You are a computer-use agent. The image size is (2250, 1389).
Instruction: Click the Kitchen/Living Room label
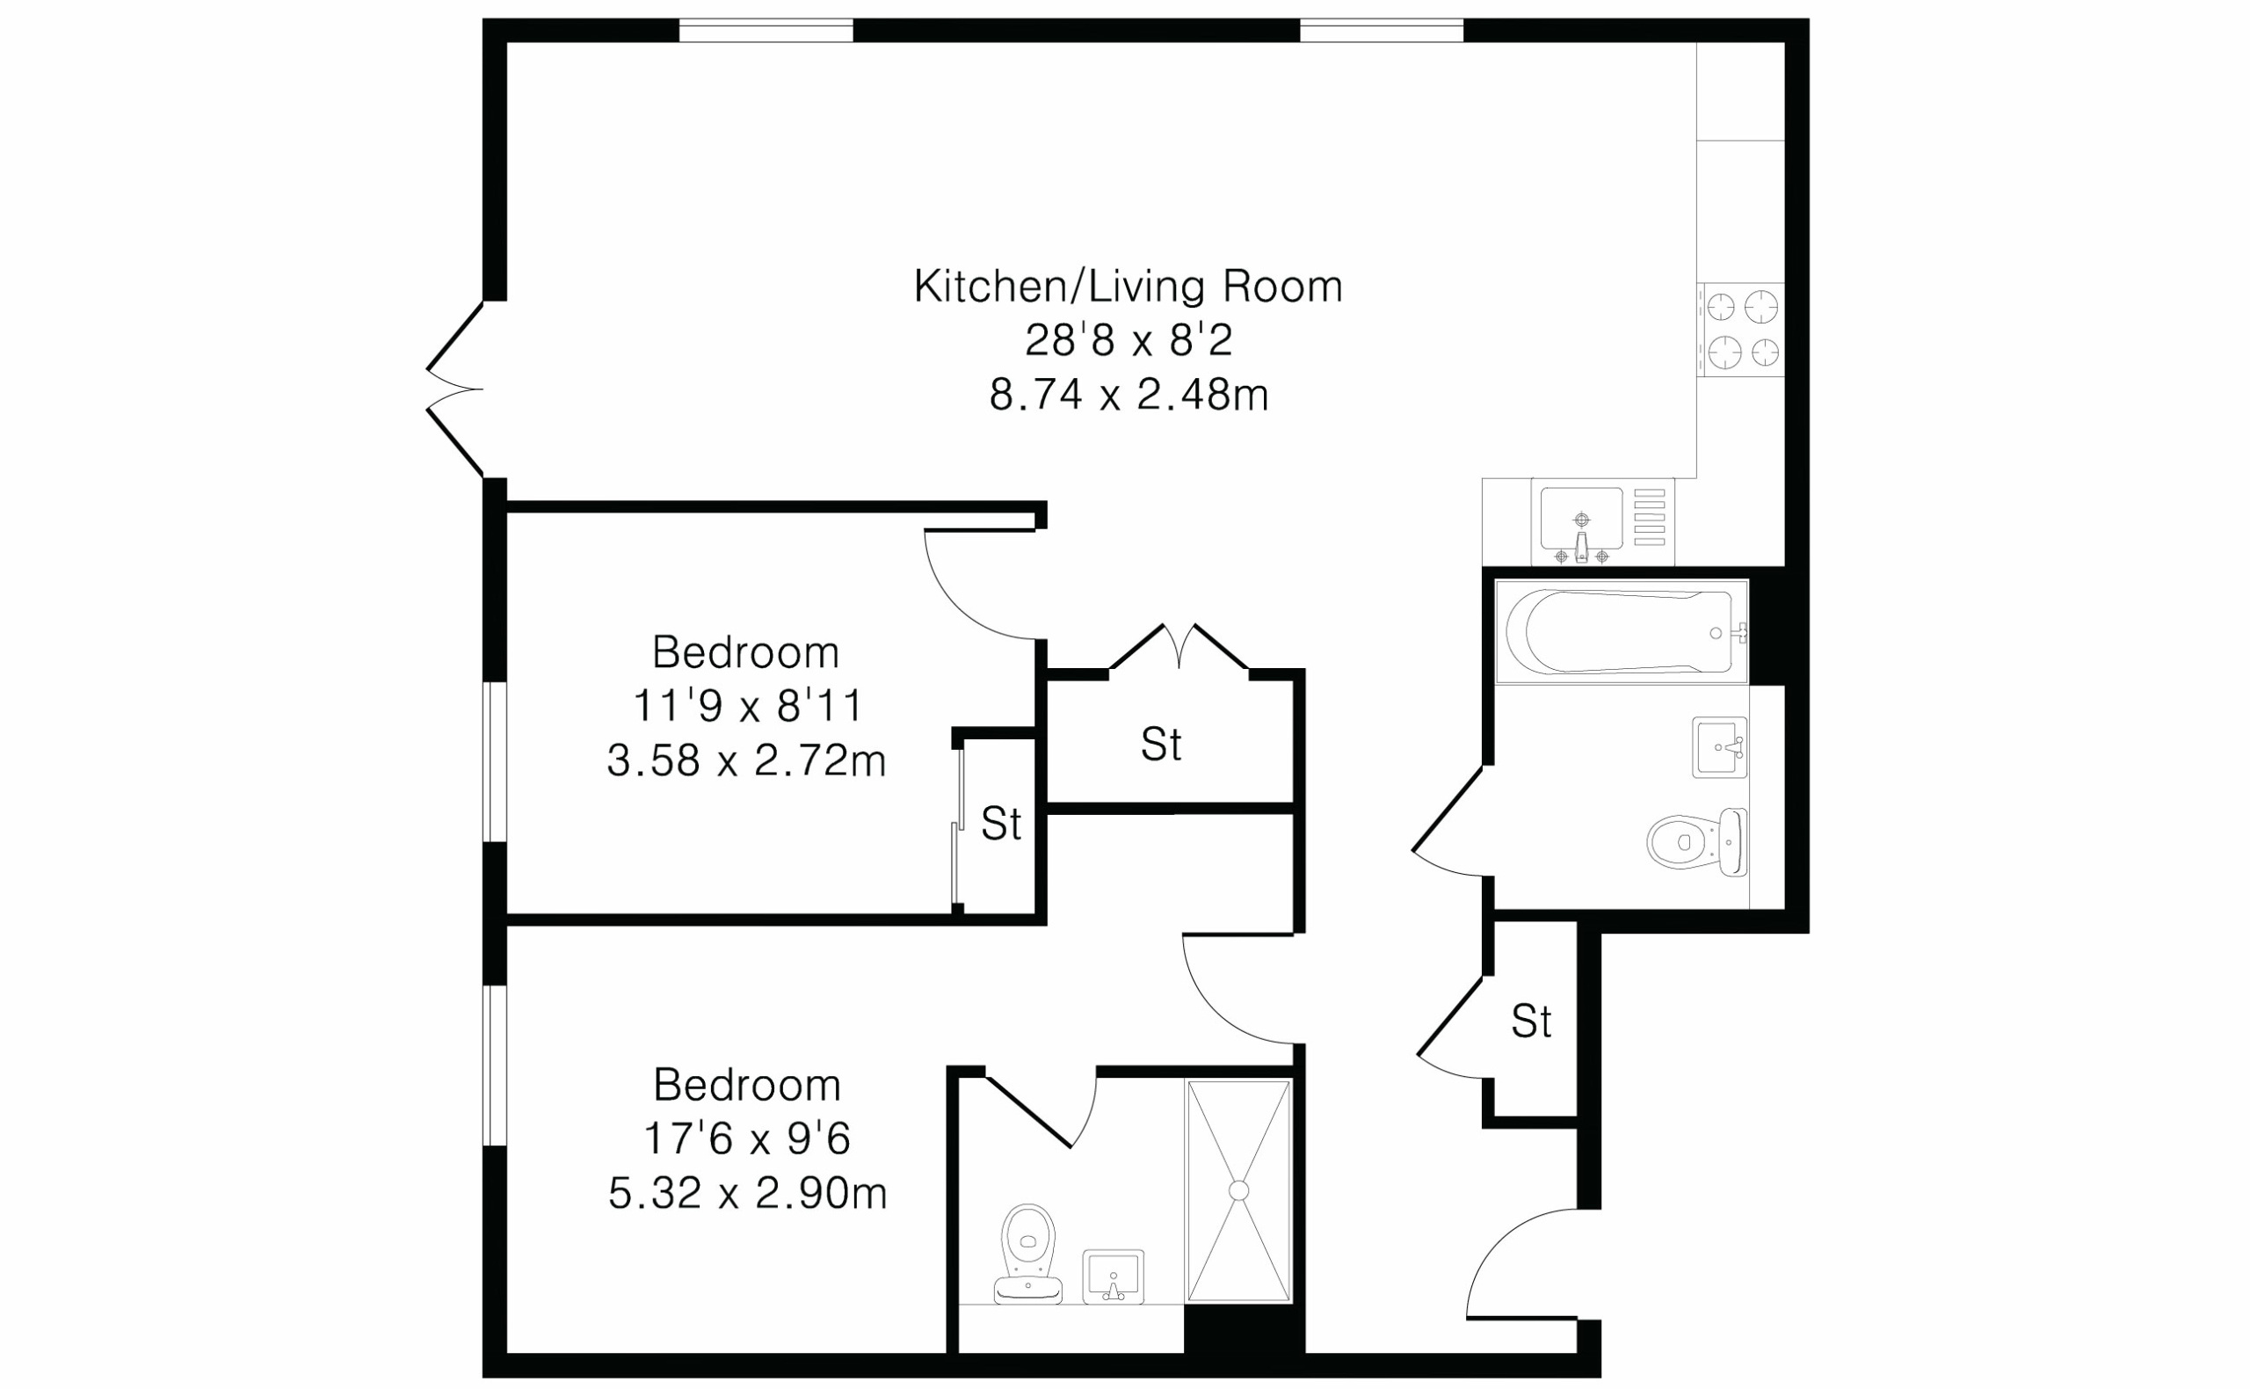[1128, 287]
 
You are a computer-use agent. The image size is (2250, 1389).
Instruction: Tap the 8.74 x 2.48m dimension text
[1129, 396]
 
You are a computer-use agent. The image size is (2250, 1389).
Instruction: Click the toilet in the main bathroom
[1697, 841]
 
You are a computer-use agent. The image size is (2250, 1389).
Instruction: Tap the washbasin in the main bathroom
[1720, 747]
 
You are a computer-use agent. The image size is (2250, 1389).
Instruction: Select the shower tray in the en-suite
[1239, 1190]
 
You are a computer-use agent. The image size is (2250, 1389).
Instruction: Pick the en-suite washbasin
[1113, 1276]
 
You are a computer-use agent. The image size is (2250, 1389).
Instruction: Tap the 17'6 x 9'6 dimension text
[747, 1140]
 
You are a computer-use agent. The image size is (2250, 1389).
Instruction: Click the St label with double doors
[1161, 744]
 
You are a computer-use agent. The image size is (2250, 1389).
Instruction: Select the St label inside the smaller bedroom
[1001, 824]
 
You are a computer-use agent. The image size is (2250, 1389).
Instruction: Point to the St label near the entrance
[1532, 1022]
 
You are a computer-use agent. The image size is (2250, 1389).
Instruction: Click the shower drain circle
[1239, 1190]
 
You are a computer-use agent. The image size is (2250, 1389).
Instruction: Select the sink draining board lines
[1651, 518]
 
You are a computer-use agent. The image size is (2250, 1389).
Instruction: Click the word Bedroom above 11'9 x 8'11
[745, 653]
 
